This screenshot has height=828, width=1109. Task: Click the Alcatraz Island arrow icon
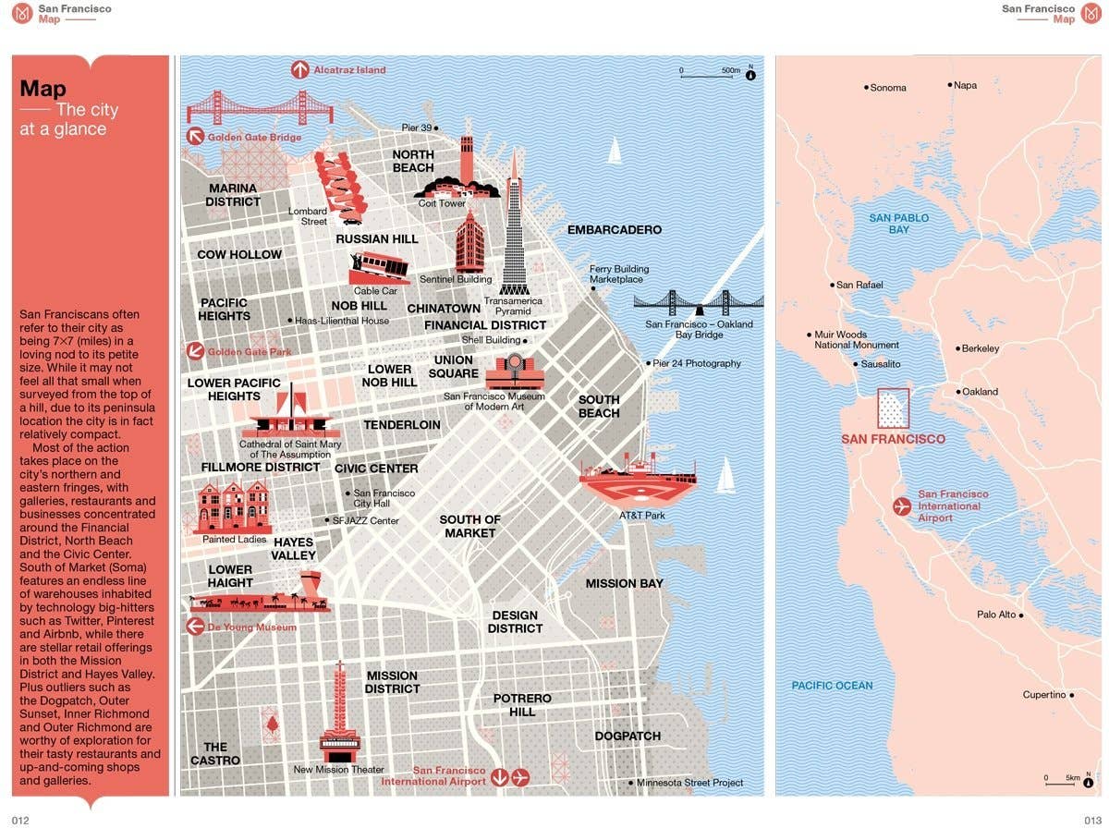point(299,69)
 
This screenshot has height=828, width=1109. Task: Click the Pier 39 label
point(417,128)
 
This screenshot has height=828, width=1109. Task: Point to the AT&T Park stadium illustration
point(637,481)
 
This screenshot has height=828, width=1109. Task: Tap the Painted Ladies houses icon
point(234,507)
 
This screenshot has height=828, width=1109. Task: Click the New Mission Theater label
point(339,770)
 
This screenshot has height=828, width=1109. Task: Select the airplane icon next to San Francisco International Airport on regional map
point(902,505)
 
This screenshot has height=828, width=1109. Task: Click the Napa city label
point(965,85)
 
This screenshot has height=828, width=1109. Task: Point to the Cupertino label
point(1044,695)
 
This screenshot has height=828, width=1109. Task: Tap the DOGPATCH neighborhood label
point(628,736)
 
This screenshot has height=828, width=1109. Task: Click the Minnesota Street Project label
point(690,783)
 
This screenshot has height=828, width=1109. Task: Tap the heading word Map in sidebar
point(43,89)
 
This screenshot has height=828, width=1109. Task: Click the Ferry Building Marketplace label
point(619,274)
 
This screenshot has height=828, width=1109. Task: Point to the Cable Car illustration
point(379,268)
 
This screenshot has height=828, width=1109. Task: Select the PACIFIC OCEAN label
point(832,686)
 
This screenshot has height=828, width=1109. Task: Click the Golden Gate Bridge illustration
point(260,107)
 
